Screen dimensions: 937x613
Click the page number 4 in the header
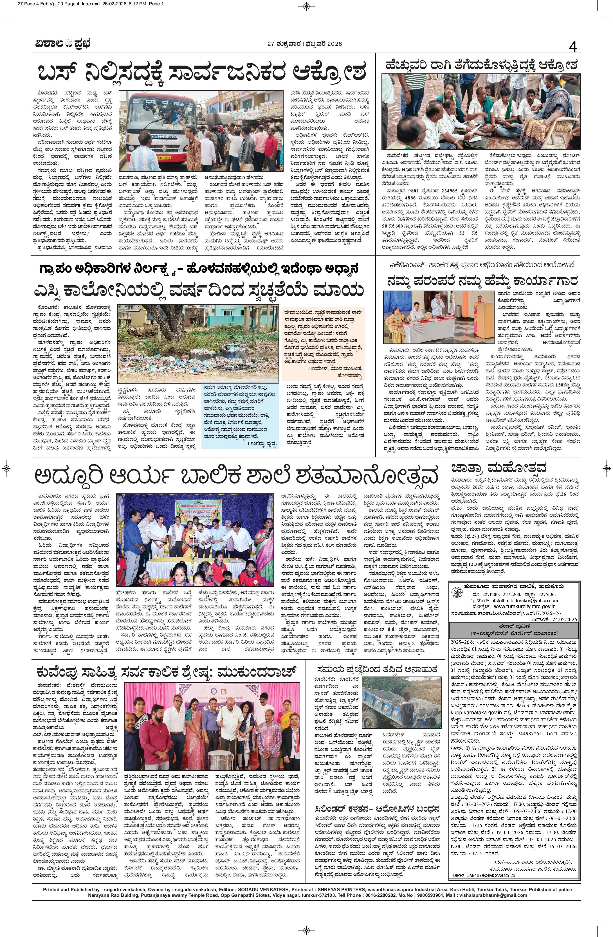point(572,47)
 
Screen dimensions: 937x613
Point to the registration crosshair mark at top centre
point(306,6)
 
